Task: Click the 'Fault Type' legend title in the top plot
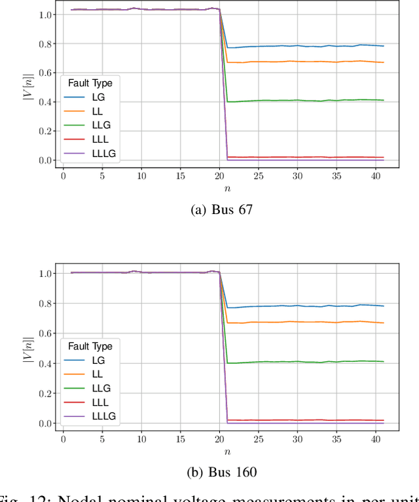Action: tap(90, 83)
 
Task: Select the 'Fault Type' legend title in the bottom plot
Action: tap(90, 346)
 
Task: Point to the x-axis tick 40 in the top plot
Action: tap(376, 176)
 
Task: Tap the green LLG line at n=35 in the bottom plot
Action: tap(337, 362)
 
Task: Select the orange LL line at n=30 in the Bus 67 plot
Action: tap(297, 62)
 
